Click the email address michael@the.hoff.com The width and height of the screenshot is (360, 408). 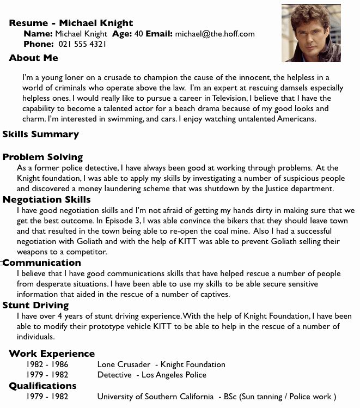coord(215,34)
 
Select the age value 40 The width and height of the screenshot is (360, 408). coord(138,34)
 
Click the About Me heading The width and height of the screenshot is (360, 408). coord(33,58)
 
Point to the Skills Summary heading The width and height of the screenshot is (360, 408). coord(41,134)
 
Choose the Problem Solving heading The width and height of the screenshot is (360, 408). coord(42,157)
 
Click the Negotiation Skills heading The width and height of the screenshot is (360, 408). coord(46,199)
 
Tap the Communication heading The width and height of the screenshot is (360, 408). coord(42,263)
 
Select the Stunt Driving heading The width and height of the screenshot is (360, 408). coord(35,306)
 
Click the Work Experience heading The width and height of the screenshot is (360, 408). coord(52,354)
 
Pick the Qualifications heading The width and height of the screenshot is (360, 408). coord(42,386)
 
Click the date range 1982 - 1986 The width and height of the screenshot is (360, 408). coord(47,364)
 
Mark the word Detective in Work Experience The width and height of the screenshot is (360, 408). coord(114,375)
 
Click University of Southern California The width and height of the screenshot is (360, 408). coord(155,397)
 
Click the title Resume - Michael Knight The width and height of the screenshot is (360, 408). coord(71,23)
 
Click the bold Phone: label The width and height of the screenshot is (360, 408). coord(39,44)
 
